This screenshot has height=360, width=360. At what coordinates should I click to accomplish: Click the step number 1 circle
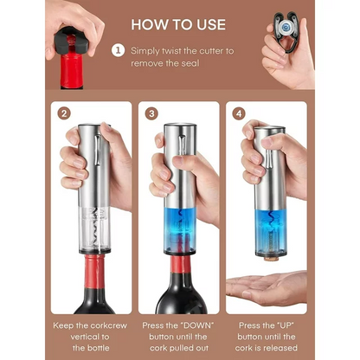tap(118, 50)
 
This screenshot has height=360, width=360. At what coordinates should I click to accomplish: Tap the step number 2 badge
tap(64, 113)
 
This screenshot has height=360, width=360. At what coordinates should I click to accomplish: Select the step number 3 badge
tap(151, 113)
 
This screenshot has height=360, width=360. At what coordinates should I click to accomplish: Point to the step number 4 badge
tap(239, 113)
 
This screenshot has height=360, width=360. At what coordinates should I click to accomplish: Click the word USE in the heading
tap(211, 24)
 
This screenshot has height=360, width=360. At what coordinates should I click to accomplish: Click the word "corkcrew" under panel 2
tap(111, 325)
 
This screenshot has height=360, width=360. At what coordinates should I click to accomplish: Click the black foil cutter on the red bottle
tap(72, 41)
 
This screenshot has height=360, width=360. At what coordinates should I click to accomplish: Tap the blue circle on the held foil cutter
tap(286, 28)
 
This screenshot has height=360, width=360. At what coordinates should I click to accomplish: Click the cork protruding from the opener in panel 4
tap(270, 258)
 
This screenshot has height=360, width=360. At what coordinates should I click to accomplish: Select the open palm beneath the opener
tap(266, 288)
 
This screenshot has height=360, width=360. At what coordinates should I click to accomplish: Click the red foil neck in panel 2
tap(94, 272)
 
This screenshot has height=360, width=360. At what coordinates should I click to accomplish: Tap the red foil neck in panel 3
tap(181, 265)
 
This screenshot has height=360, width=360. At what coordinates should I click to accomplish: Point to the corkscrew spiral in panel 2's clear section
tap(94, 228)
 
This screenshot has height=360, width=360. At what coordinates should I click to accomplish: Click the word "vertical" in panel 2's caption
tap(90, 337)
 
